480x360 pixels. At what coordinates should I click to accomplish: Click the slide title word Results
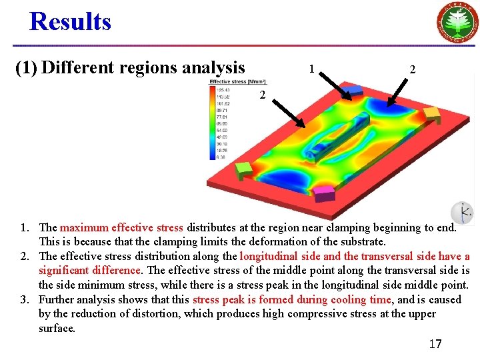70,21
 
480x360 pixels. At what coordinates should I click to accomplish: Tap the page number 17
435,344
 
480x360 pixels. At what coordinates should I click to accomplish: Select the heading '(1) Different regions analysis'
131,67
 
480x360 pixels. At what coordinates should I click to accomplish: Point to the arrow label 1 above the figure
311,68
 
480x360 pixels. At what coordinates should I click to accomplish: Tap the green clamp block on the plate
245,171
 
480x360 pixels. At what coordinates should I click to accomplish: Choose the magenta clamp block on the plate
325,193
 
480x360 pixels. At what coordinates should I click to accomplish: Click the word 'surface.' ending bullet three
57,328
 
